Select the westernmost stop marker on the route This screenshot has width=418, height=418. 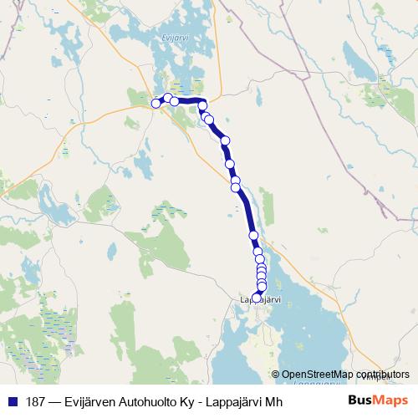[155, 103]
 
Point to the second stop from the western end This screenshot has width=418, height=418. [166, 99]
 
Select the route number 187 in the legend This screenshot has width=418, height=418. [37, 400]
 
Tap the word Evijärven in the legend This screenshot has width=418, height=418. [97, 400]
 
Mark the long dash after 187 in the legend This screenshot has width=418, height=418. [59, 400]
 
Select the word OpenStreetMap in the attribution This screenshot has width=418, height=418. [317, 374]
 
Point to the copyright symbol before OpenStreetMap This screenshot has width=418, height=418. [275, 374]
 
